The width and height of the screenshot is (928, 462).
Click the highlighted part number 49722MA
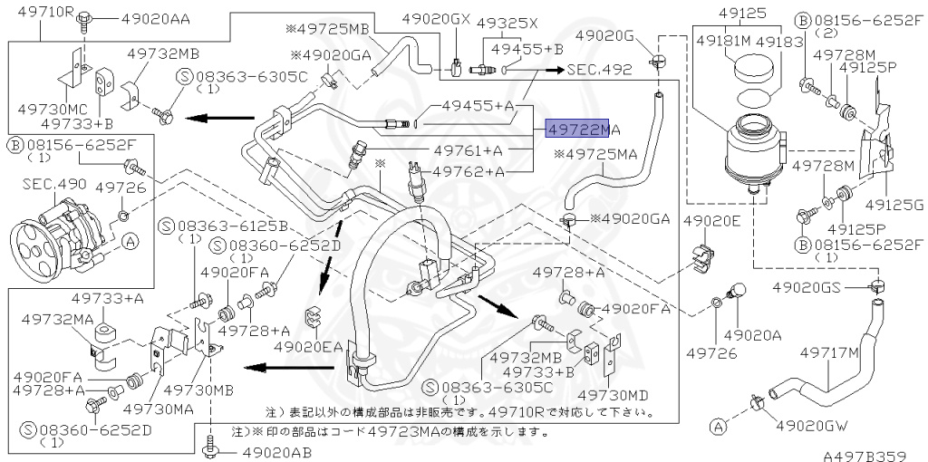pos(582,130)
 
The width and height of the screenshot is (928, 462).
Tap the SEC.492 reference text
pos(600,68)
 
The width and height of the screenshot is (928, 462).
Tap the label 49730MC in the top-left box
pos(48,108)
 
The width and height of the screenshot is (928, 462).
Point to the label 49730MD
pos(614,394)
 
